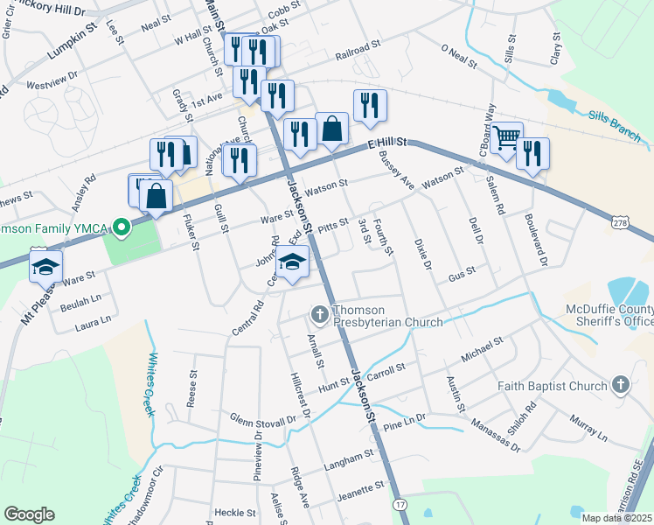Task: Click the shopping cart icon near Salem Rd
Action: [x=506, y=138]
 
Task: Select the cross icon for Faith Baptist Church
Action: [x=620, y=385]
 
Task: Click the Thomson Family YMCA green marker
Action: [x=122, y=228]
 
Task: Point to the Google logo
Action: [x=29, y=514]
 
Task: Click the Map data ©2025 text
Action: [x=617, y=518]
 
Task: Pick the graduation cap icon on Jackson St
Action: [x=293, y=261]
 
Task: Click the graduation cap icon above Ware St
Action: [x=46, y=264]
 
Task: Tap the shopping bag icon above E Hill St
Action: [x=332, y=129]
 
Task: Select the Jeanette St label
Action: [x=350, y=493]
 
